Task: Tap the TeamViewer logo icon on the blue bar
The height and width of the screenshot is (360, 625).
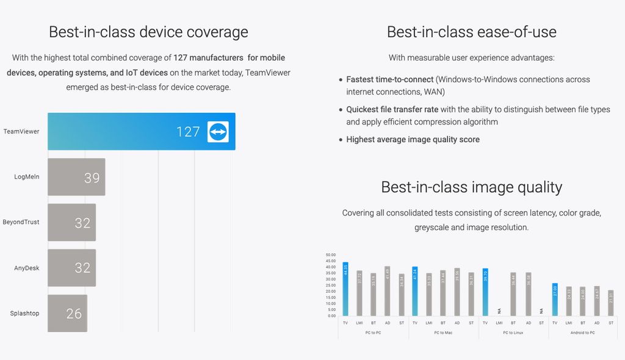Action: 218,132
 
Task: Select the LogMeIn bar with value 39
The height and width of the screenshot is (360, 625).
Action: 76,177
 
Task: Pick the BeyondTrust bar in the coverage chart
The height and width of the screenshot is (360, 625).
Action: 71,223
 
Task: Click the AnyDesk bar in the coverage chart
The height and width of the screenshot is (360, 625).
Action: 71,268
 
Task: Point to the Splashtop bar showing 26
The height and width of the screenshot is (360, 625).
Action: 67,313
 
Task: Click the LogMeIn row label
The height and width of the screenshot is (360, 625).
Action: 27,177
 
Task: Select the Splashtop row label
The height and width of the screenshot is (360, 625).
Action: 24,314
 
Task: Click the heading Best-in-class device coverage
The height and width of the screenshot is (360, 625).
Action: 148,32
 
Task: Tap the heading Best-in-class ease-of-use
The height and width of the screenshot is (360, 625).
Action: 471,32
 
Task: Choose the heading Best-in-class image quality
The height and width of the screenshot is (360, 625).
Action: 471,187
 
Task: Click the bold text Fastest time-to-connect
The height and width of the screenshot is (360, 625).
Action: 390,79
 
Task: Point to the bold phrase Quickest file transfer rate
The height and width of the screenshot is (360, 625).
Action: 392,109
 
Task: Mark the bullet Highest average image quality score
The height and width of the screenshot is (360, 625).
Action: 413,140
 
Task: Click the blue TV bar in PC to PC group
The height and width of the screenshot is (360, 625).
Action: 345,289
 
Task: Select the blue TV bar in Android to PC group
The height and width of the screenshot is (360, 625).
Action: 555,300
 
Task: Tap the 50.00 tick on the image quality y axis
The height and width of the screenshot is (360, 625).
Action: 331,255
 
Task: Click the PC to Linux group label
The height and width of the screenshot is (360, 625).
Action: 513,333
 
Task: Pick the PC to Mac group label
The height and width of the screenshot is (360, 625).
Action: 443,333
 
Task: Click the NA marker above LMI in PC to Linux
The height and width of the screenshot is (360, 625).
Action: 499,311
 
